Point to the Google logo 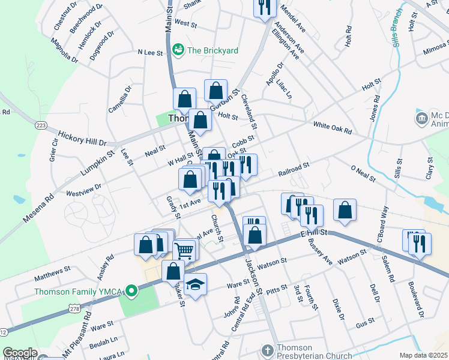point(20,353)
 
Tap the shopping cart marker point(185,251)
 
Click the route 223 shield point(41,124)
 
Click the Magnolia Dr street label point(64,50)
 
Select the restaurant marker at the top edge point(265,7)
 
